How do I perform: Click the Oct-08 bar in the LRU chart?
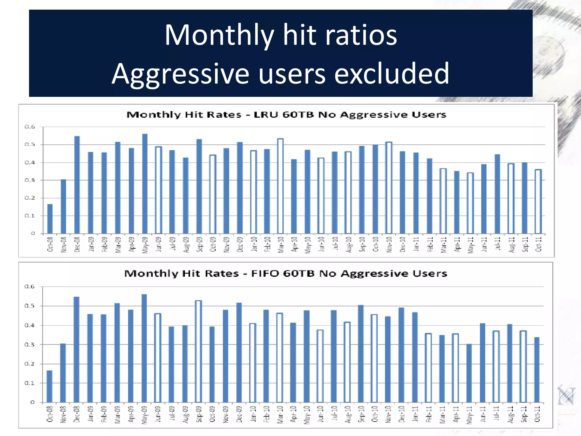pyautogui.click(x=50, y=219)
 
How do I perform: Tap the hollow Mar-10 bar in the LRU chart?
pyautogui.click(x=280, y=186)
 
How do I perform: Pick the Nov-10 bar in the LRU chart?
pyautogui.click(x=389, y=188)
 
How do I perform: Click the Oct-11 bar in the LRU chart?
pyautogui.click(x=538, y=202)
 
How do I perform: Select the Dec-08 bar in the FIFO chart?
pyautogui.click(x=76, y=349)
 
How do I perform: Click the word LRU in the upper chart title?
pyautogui.click(x=266, y=115)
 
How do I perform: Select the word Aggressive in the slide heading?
pyautogui.click(x=180, y=74)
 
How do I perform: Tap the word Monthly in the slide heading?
pyautogui.click(x=219, y=35)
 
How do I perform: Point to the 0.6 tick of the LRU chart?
pyautogui.click(x=30, y=127)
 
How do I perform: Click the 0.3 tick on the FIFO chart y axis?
pyautogui.click(x=30, y=345)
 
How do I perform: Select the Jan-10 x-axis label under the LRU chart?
pyautogui.click(x=254, y=244)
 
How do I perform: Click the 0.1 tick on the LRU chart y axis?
pyautogui.click(x=30, y=216)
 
